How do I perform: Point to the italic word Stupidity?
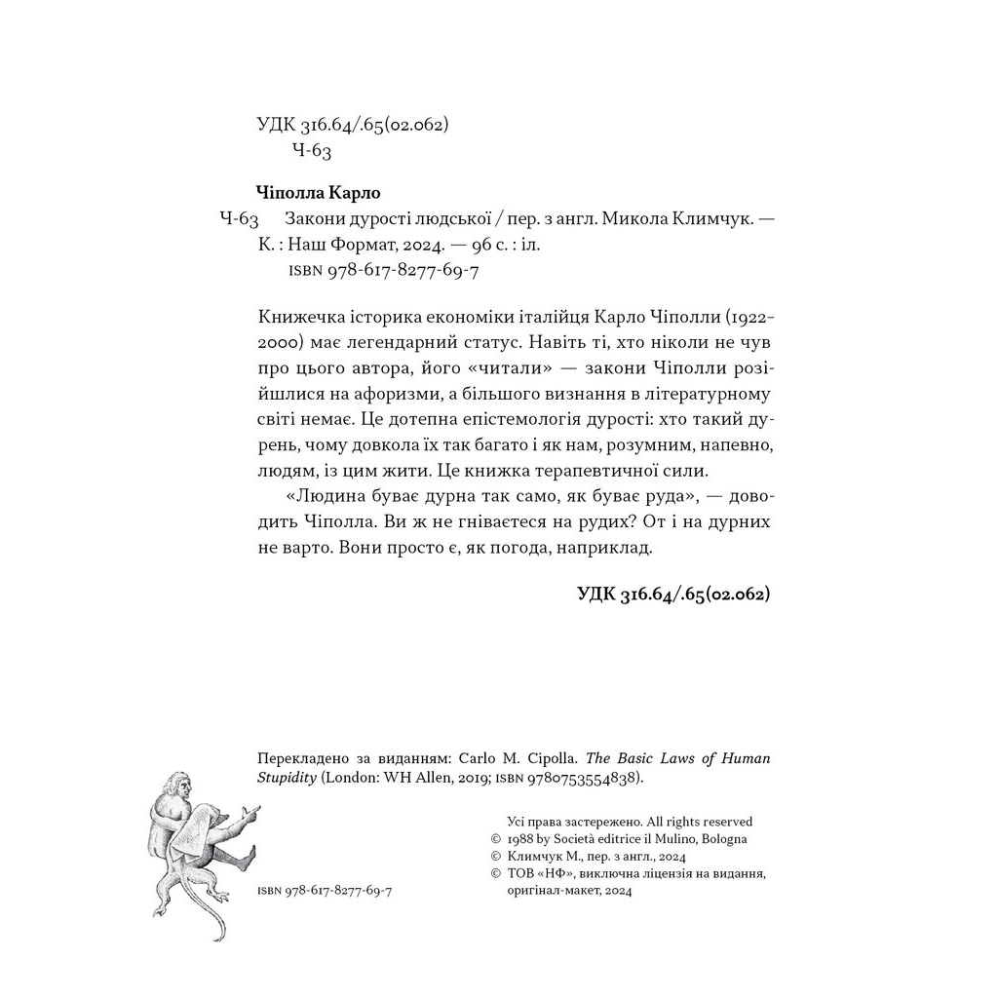click(x=285, y=779)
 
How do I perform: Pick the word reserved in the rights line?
click(x=722, y=822)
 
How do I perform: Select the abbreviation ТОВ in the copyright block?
click(x=524, y=874)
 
